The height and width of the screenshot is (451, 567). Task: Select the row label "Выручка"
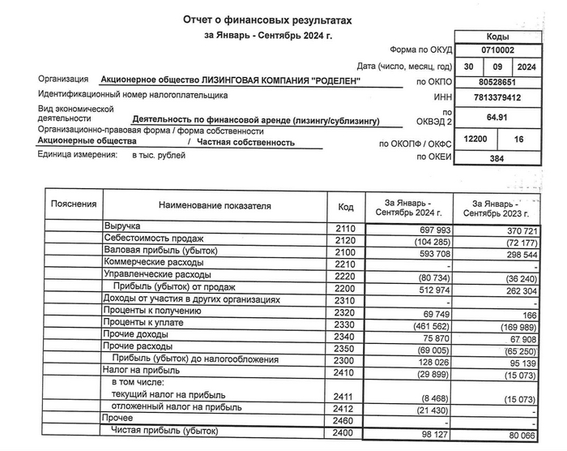pyautogui.click(x=122, y=225)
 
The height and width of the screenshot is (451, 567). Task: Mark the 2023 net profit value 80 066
pyautogui.click(x=514, y=436)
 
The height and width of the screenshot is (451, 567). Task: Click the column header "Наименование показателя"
pyautogui.click(x=215, y=208)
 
